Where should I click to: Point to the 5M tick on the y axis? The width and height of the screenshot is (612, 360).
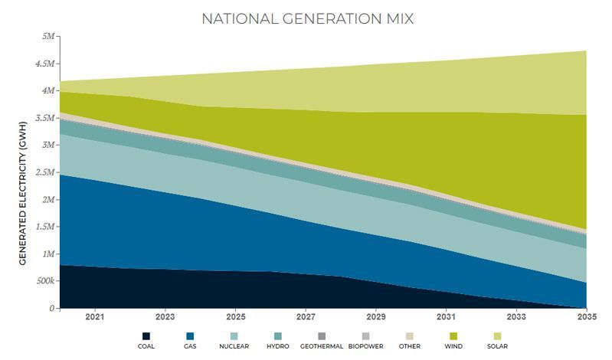pos(47,37)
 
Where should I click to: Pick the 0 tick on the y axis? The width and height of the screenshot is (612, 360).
pos(53,308)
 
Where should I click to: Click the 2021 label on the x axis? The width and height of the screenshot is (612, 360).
pos(95,316)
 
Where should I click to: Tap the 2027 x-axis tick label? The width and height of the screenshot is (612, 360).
pos(306,316)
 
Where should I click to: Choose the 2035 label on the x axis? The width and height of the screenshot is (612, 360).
pos(587,316)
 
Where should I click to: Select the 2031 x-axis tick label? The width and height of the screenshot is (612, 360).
pos(447,316)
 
